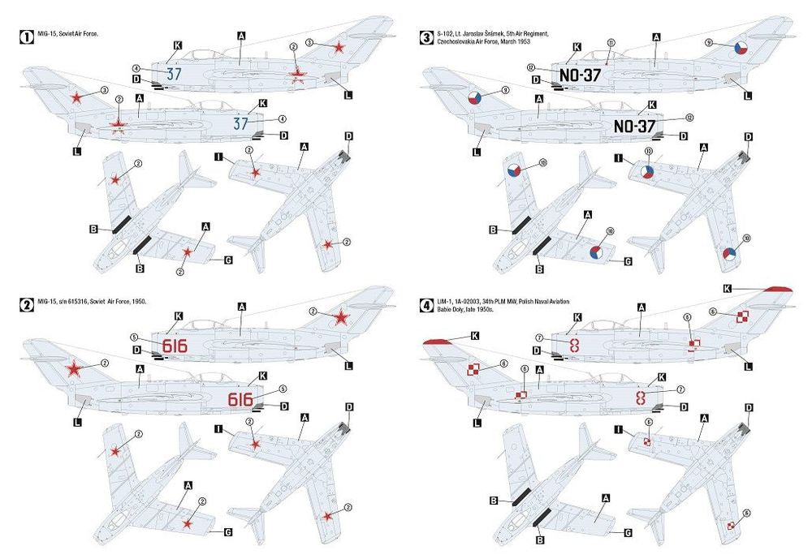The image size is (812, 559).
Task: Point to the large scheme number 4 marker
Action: point(425,305)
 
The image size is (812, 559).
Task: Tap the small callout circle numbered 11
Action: point(611,42)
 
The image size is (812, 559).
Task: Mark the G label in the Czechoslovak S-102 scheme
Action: point(627,261)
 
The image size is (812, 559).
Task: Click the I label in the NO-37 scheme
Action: point(619,158)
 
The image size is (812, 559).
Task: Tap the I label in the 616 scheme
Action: point(218,428)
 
